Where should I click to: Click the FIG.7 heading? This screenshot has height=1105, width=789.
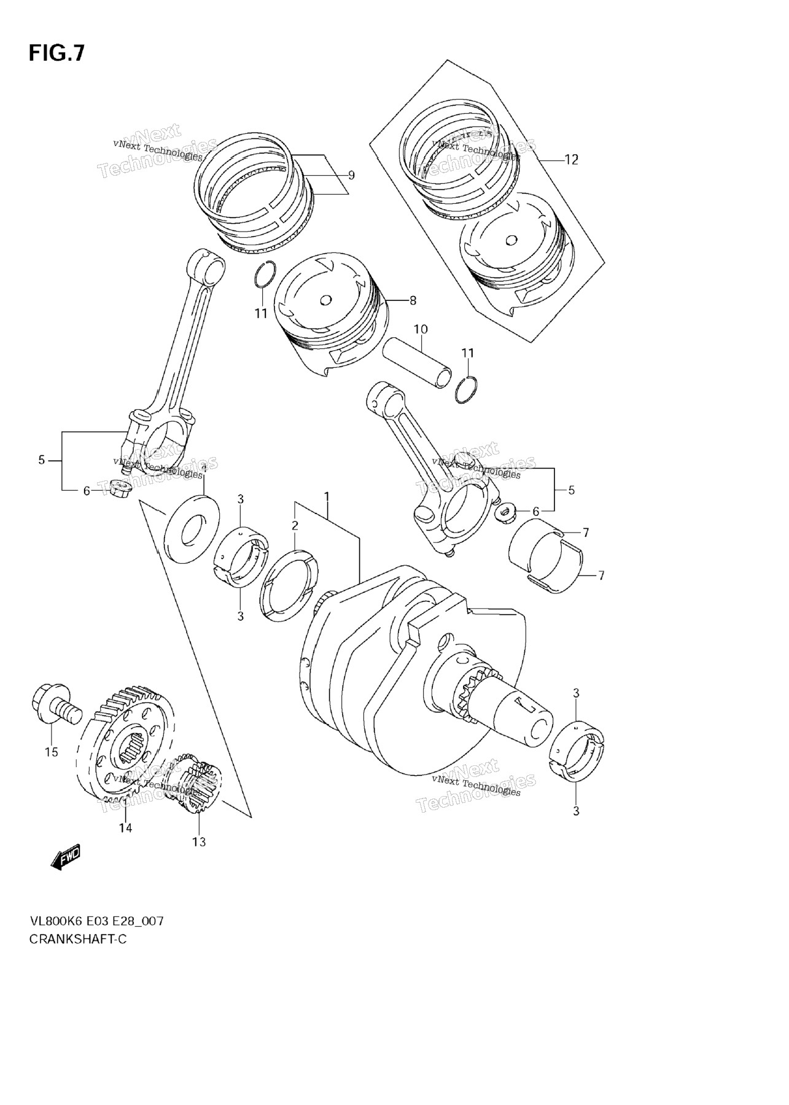pyautogui.click(x=56, y=54)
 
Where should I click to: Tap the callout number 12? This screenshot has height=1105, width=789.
pyautogui.click(x=571, y=160)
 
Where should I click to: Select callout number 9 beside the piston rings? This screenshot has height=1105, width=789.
pyautogui.click(x=351, y=175)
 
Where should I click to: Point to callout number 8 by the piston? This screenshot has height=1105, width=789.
pyautogui.click(x=413, y=300)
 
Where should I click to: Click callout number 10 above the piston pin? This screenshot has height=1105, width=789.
pyautogui.click(x=420, y=330)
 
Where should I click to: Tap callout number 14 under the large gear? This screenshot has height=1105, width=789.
pyautogui.click(x=125, y=827)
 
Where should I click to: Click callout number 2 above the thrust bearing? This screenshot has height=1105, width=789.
pyautogui.click(x=295, y=525)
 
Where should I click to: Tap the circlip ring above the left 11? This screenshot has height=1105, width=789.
pyautogui.click(x=265, y=275)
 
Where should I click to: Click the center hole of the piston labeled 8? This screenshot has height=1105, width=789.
pyautogui.click(x=326, y=300)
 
